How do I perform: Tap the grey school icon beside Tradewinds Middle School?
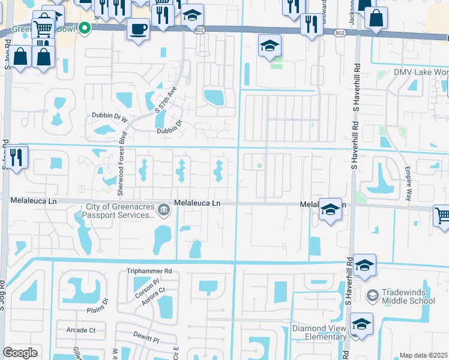click(x=372, y=295)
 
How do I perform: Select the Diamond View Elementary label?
click(x=319, y=332)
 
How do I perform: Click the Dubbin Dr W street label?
click(x=110, y=117)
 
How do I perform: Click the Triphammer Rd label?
click(x=149, y=271)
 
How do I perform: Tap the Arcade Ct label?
click(x=81, y=330)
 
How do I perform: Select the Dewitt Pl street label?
click(x=146, y=339)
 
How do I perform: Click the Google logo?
click(x=20, y=352)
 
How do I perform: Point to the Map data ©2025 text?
click(x=423, y=355)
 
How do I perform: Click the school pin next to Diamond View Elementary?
click(x=361, y=325)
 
